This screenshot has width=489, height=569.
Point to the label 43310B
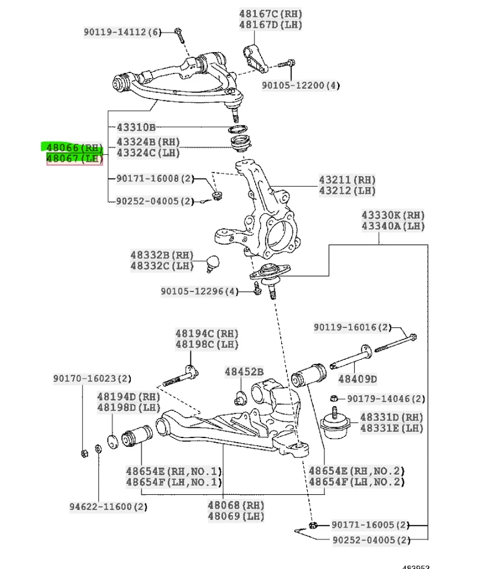(x=135, y=127)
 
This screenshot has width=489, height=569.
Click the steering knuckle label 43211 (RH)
(x=347, y=180)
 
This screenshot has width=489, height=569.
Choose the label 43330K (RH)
(x=393, y=215)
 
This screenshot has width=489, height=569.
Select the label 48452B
(x=243, y=372)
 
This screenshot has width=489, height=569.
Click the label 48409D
(x=358, y=378)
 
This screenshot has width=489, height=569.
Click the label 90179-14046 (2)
(x=385, y=399)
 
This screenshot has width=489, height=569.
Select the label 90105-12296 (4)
(x=199, y=291)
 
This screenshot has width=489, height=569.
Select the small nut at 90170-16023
(x=84, y=454)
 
